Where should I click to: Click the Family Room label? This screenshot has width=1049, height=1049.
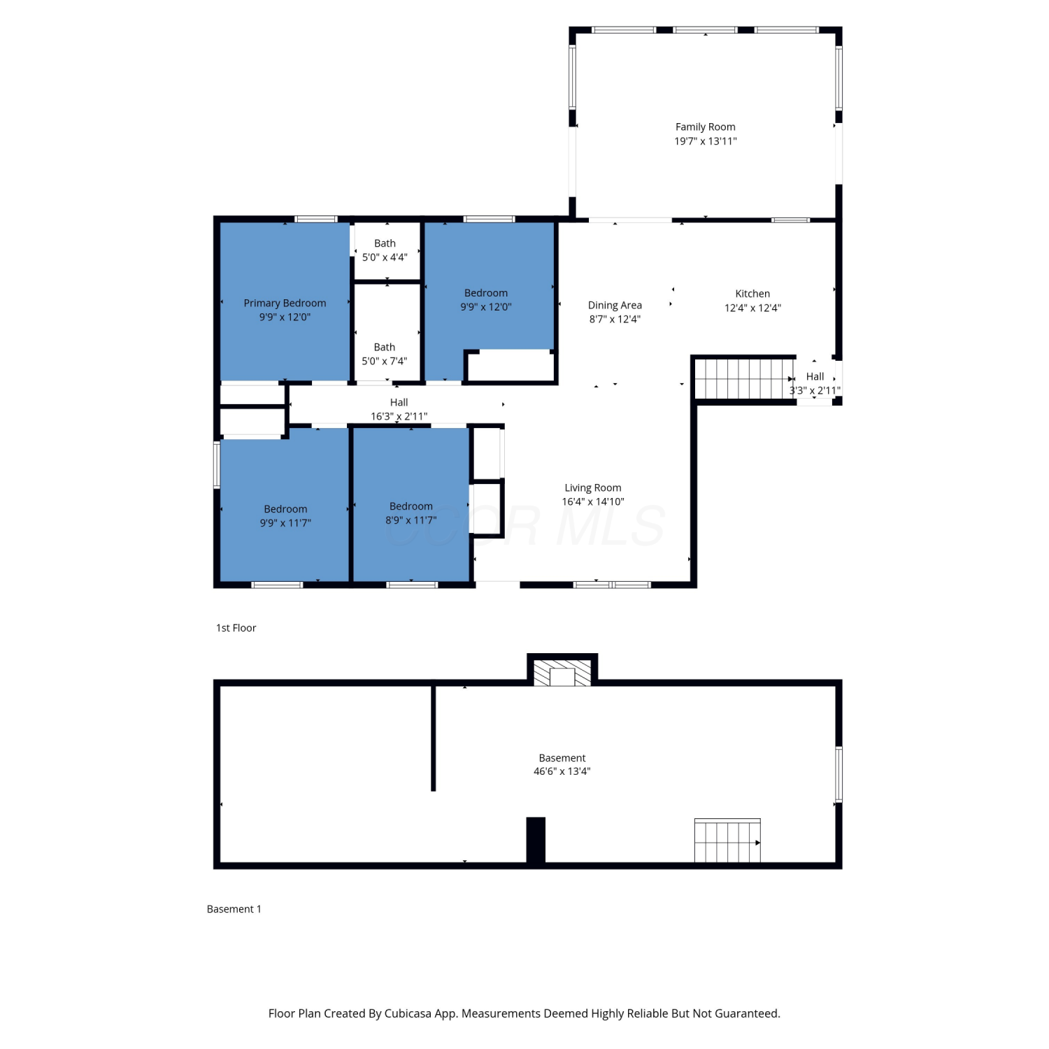pos(705,127)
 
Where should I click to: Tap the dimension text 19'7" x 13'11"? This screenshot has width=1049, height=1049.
pos(705,141)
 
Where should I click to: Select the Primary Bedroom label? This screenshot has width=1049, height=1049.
pos(285,303)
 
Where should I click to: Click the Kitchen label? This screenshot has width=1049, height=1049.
pos(752,294)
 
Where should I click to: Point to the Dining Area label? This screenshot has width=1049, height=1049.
pos(615,305)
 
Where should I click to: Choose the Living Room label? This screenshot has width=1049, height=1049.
pos(593,487)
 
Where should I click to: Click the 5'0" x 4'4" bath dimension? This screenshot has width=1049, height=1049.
pos(385,257)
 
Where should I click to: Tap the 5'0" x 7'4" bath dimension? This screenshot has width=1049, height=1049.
pos(384,361)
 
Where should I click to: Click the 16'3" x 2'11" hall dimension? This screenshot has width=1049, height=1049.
pos(399,416)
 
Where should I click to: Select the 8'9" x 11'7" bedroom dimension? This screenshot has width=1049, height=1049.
pos(411,520)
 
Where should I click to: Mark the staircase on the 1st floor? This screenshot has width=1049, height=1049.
pos(744,378)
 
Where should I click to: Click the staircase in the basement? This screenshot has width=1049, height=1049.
pos(727,841)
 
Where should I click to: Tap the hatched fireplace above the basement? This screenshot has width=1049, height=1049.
pos(562,672)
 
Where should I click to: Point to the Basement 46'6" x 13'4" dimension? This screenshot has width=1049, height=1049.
pos(562,771)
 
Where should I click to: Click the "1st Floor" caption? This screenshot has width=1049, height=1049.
pos(236,628)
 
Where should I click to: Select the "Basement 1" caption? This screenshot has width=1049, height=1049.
pos(234,909)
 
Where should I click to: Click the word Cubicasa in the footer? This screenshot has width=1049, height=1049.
pos(408,1013)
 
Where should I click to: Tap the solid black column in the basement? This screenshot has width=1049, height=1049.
pos(536,840)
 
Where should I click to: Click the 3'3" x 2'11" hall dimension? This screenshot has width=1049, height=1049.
pos(815,390)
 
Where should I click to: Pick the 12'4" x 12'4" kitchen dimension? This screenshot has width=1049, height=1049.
pos(752,308)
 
